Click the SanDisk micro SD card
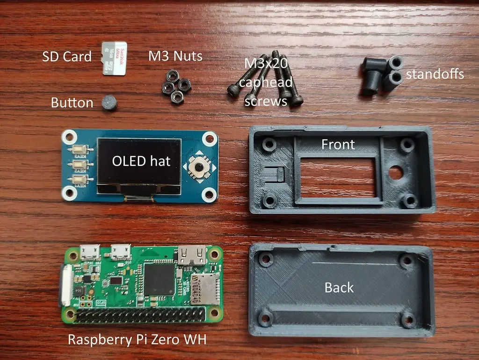115,59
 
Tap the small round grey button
109,103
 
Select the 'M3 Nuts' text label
175,56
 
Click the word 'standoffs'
435,74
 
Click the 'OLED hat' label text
141,161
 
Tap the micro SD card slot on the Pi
204,287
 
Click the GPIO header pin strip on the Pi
140,315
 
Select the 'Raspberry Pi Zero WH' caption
137,339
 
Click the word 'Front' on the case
338,144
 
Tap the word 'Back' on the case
339,287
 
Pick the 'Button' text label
72,103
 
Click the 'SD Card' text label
66,57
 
